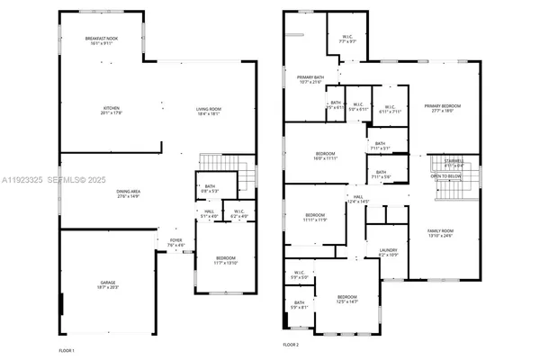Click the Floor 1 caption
[67, 349]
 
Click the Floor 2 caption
[290, 345]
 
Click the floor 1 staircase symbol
[220, 165]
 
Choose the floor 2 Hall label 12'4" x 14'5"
[357, 199]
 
